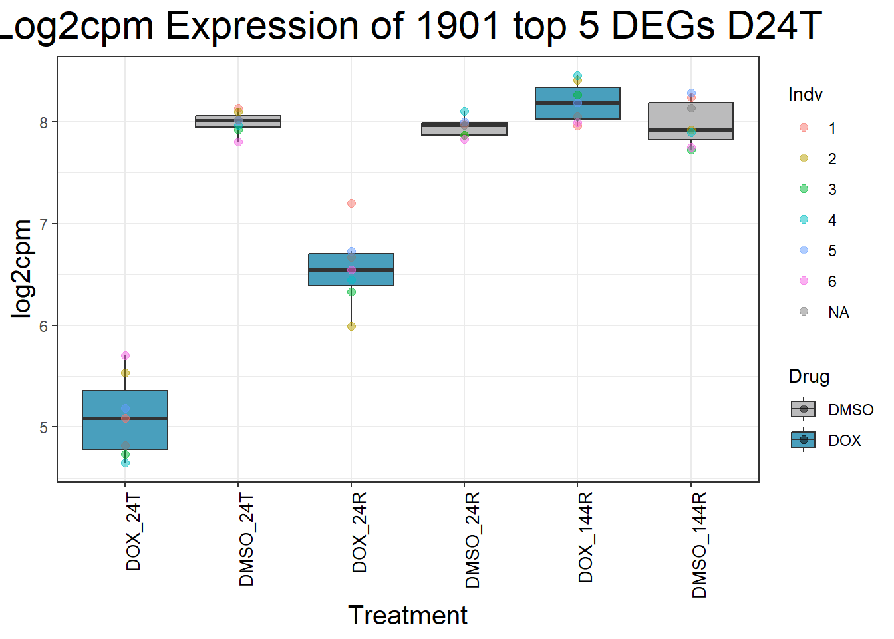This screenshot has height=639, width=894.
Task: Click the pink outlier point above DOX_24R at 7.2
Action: click(x=351, y=203)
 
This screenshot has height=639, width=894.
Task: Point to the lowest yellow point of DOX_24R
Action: click(x=351, y=326)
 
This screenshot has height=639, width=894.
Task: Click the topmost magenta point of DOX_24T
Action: click(x=125, y=356)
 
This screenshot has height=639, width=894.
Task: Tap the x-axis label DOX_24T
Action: click(x=134, y=532)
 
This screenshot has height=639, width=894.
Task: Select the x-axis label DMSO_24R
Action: click(x=473, y=540)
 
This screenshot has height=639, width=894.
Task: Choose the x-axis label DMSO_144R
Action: click(x=699, y=545)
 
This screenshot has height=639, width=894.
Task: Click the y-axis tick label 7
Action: click(x=44, y=224)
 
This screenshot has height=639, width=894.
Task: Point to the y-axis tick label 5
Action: click(x=44, y=427)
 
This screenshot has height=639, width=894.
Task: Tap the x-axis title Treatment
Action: click(x=408, y=616)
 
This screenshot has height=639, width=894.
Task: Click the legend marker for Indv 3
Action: click(x=804, y=189)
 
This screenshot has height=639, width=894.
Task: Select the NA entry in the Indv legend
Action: click(x=838, y=312)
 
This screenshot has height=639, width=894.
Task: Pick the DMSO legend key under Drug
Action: click(x=804, y=409)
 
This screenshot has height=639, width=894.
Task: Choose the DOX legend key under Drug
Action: click(x=804, y=440)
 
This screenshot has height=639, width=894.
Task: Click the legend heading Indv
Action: click(x=805, y=95)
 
